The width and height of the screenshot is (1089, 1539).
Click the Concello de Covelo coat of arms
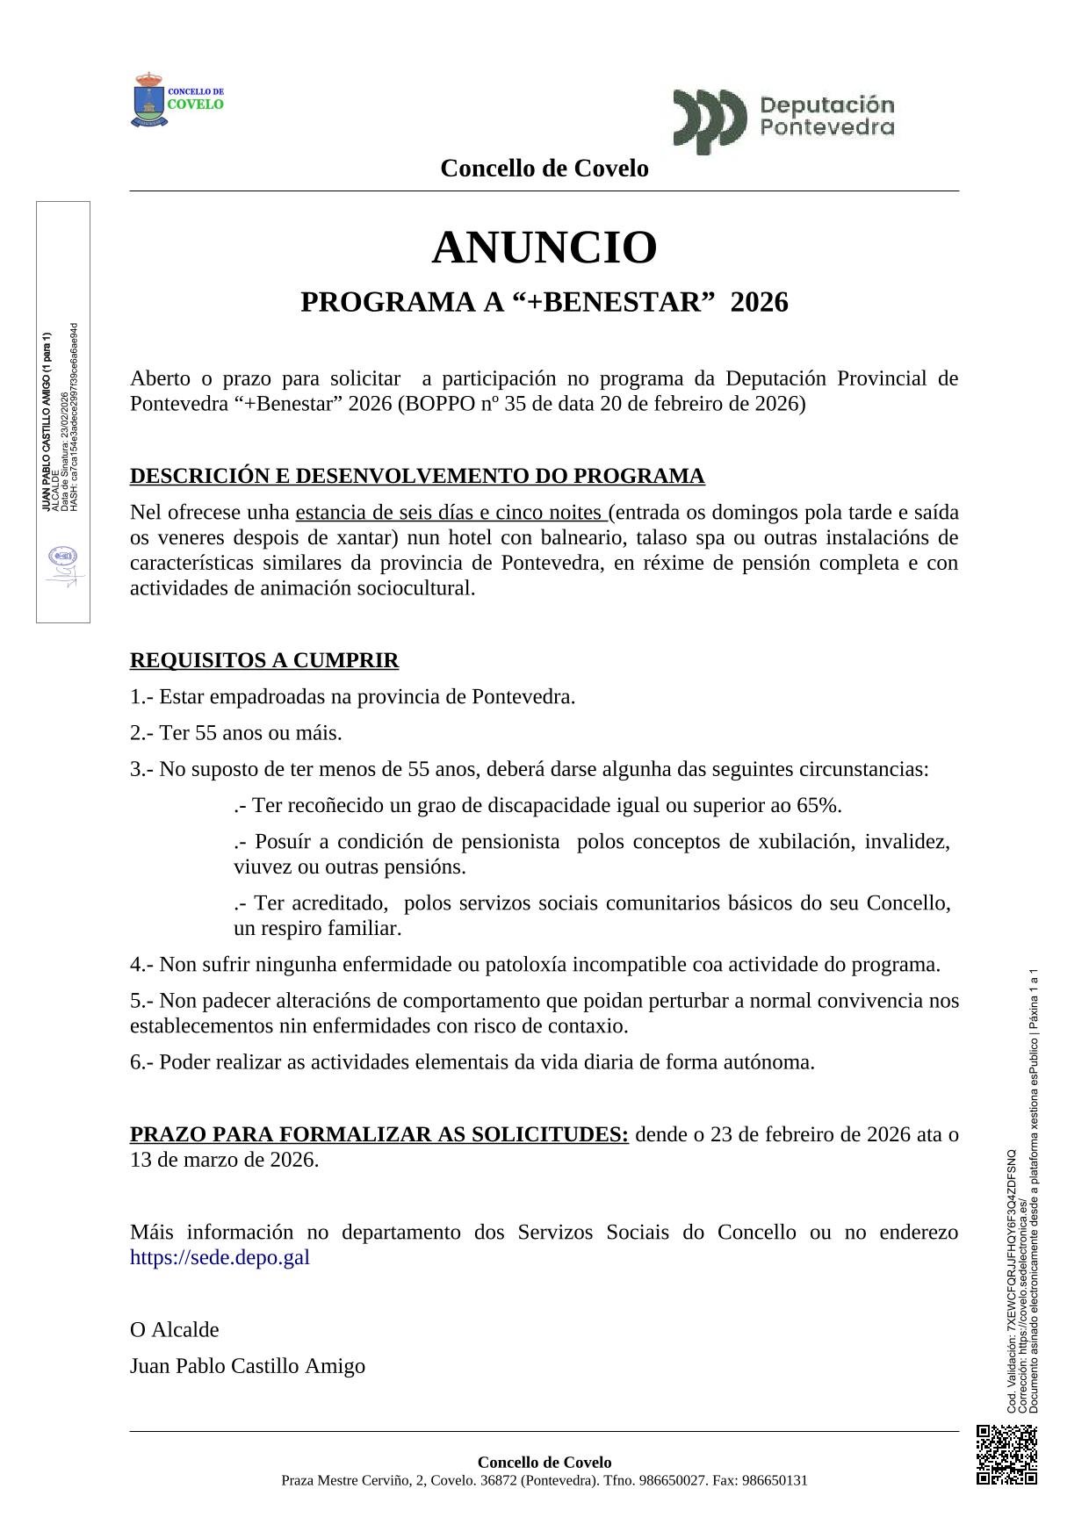[148, 101]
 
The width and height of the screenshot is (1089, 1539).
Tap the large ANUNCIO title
[544, 248]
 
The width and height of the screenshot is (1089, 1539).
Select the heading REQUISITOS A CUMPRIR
[264, 660]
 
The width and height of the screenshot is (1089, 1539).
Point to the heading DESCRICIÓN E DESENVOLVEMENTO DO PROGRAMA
[417, 476]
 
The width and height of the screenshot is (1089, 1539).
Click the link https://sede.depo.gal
[220, 1257]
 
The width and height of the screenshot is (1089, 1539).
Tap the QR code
[1007, 1455]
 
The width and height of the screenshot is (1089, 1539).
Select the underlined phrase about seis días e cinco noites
[452, 513]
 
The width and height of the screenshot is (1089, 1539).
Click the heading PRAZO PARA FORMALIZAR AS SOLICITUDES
[379, 1134]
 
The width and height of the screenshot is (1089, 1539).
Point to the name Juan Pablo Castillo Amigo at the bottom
[248, 1366]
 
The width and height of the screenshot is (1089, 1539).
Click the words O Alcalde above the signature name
[175, 1329]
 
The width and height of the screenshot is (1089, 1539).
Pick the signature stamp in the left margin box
[62, 567]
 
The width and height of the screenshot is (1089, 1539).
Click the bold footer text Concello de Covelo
[544, 1462]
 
